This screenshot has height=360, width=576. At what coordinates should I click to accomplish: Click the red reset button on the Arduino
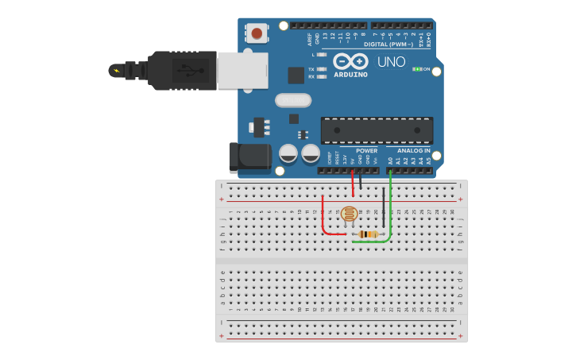tap(257, 33)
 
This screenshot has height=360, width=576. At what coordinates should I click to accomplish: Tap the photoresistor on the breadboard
tap(349, 214)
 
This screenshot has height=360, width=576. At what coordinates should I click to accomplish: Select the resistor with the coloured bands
tap(367, 234)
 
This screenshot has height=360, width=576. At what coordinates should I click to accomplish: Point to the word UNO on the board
tap(391, 62)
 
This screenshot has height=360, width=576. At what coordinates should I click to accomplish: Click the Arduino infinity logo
tap(350, 61)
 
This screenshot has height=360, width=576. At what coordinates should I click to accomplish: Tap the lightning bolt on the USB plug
tap(118, 70)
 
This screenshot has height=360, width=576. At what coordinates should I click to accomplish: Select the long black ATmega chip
tap(377, 130)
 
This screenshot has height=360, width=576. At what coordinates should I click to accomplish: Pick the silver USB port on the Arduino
tap(242, 70)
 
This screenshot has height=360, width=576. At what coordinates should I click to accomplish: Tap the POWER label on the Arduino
tap(366, 150)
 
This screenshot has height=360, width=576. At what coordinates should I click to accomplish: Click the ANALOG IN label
tap(413, 150)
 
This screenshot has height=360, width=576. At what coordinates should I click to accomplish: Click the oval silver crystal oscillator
tap(293, 100)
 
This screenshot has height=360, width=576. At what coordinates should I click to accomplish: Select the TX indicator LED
tap(321, 69)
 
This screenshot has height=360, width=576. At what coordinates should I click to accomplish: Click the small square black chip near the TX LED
tap(296, 75)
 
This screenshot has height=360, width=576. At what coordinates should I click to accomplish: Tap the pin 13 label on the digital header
tap(325, 37)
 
